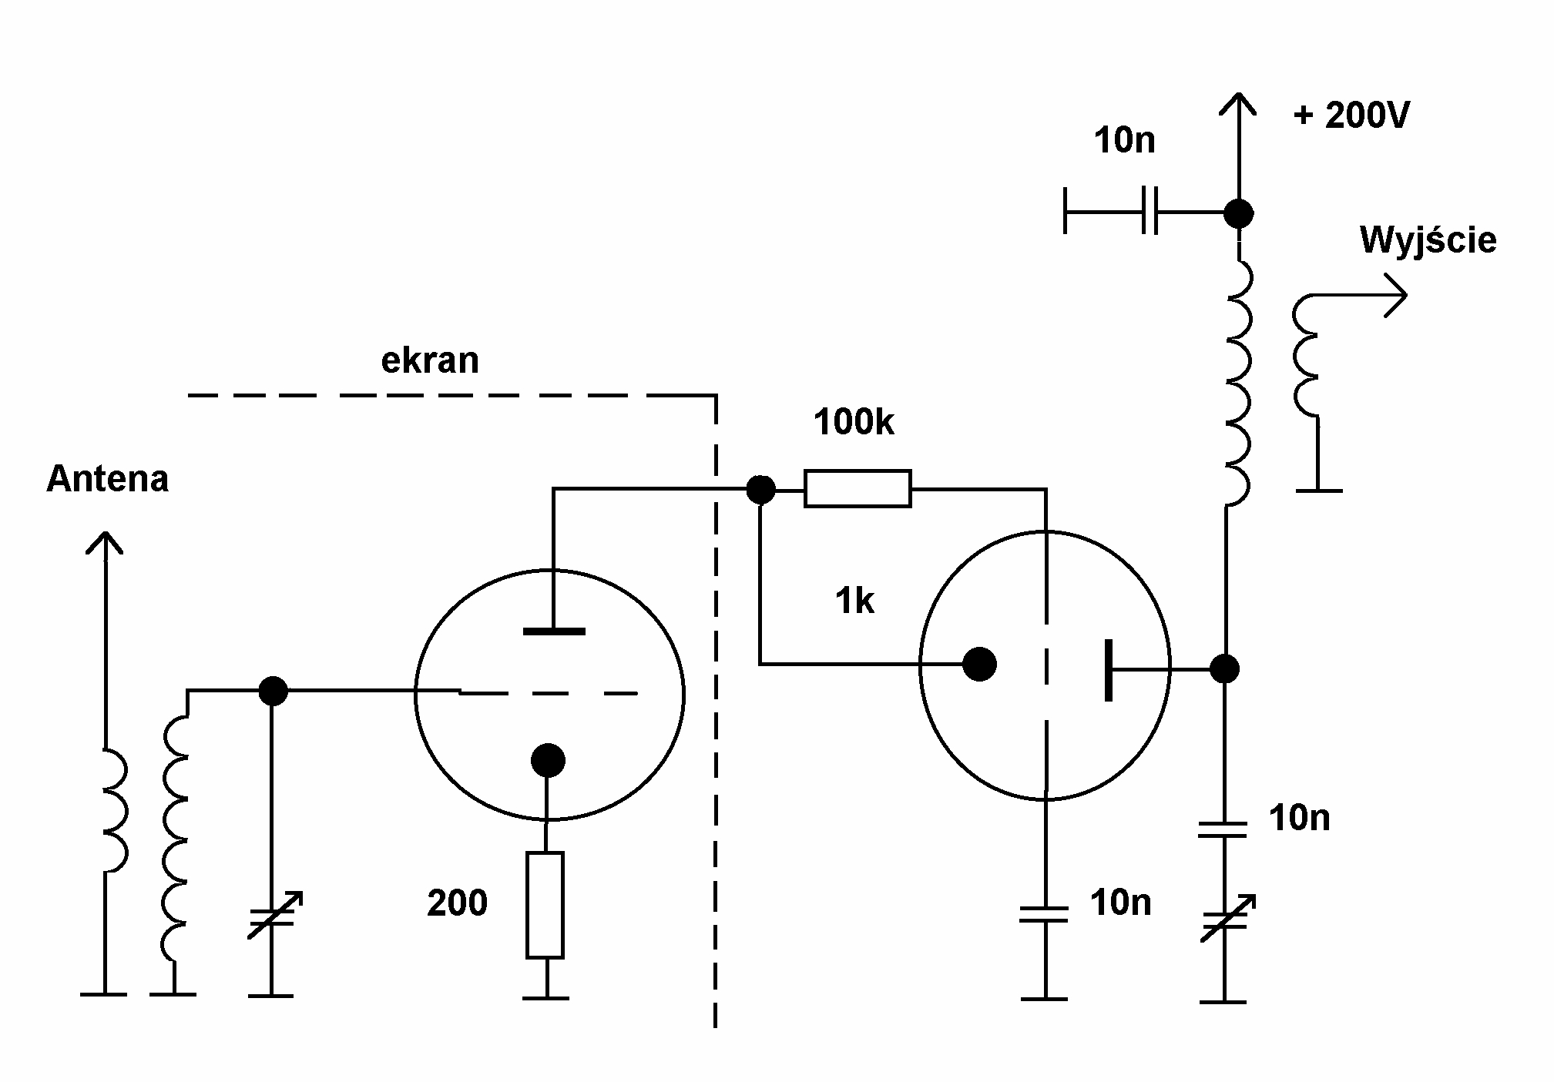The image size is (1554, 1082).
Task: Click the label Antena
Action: point(107,479)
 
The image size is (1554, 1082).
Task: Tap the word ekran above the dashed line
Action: point(430,360)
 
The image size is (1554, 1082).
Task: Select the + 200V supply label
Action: point(1352,116)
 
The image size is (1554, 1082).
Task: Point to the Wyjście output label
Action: point(1428,240)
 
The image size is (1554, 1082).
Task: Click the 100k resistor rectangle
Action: point(858,488)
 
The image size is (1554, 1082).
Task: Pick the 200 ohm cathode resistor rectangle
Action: point(545,905)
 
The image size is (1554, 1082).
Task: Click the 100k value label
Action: point(854,423)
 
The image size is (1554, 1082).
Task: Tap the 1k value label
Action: point(854,601)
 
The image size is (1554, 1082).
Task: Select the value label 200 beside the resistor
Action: point(457,903)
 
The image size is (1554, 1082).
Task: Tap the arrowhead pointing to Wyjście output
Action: point(1396,296)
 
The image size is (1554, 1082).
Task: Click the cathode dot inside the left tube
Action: point(548,760)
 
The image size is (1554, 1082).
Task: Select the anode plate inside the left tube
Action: point(553,631)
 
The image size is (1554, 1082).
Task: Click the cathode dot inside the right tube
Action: point(979,664)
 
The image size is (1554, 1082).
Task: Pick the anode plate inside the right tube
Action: point(1108,669)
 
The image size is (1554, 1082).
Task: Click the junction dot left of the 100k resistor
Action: point(761,489)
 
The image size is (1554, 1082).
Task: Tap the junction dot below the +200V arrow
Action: point(1238,213)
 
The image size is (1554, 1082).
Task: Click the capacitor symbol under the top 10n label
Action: point(1150,210)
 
